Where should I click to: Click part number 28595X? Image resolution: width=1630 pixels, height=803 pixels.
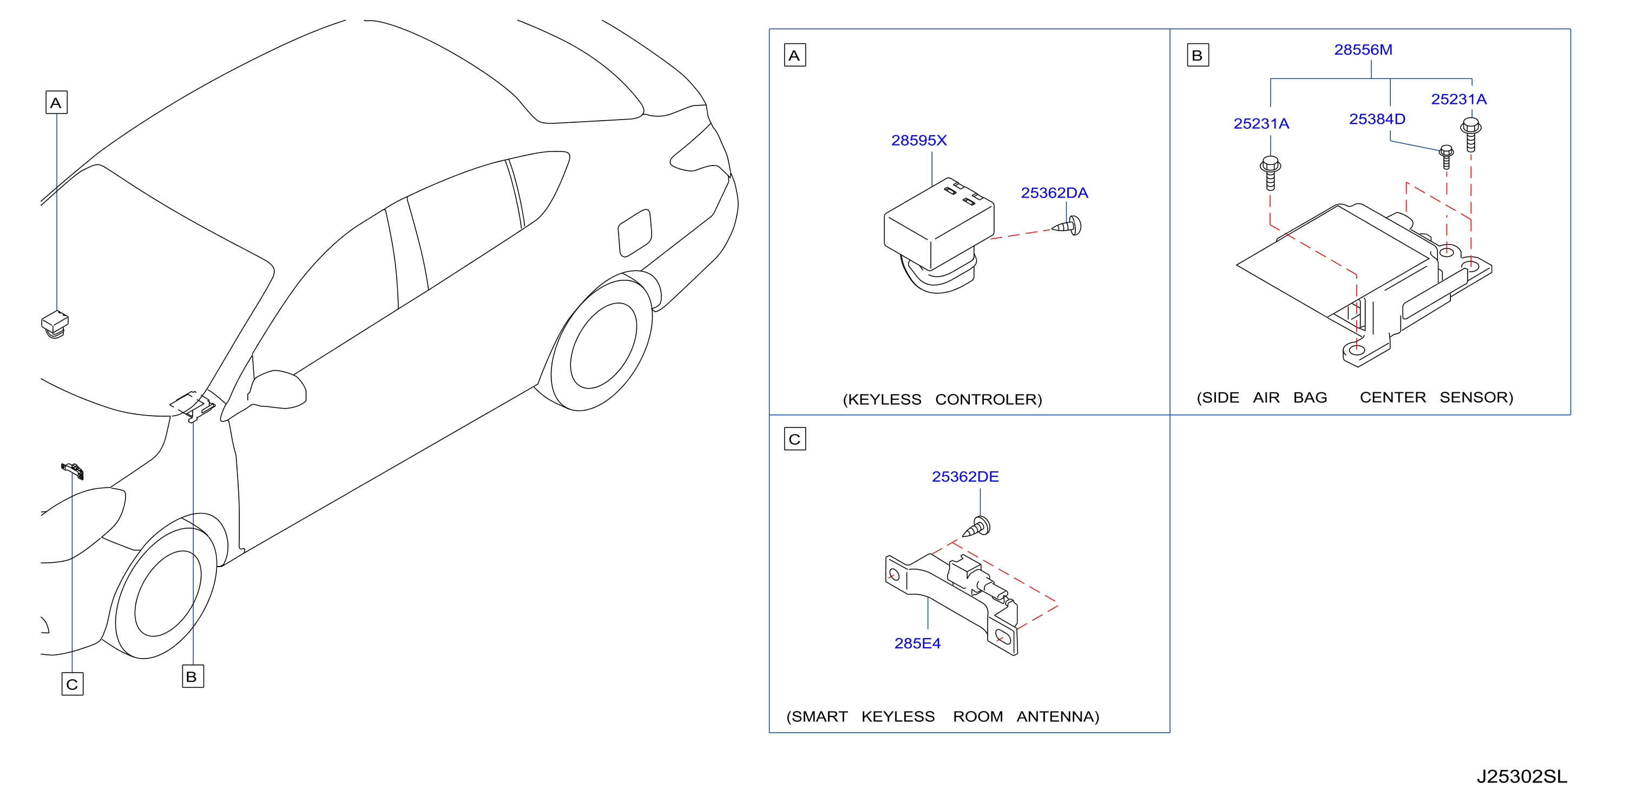pos(919,141)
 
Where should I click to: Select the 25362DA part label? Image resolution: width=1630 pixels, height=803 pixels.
pos(1054,193)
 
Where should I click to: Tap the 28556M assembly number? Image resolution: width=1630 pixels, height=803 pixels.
pos(1363,50)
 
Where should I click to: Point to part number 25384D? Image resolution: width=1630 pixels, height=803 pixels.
pos(1377,119)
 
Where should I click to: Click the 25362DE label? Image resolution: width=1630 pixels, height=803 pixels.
pos(965,477)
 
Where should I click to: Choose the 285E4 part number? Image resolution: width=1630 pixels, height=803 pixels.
pos(917,643)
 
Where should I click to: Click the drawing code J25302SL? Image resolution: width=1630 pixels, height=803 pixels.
pos(1522,776)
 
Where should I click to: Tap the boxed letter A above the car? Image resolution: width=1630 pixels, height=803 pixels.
pos(56,102)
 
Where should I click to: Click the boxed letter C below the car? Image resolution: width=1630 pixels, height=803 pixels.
pos(72,684)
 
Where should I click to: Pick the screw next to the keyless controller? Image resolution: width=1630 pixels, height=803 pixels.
pos(1068,226)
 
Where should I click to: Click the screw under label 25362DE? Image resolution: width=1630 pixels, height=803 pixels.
pos(976,527)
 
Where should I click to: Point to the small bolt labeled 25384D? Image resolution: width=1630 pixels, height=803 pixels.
pos(1446,156)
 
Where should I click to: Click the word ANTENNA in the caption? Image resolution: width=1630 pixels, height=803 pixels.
pos(1057,716)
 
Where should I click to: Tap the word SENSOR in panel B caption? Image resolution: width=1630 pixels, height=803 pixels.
pos(1476,397)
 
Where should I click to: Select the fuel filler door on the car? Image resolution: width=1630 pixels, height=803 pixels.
pos(635,233)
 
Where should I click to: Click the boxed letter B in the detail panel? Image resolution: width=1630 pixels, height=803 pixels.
pos(1197,55)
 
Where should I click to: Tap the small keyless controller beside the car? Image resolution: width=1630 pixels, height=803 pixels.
pos(55,324)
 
